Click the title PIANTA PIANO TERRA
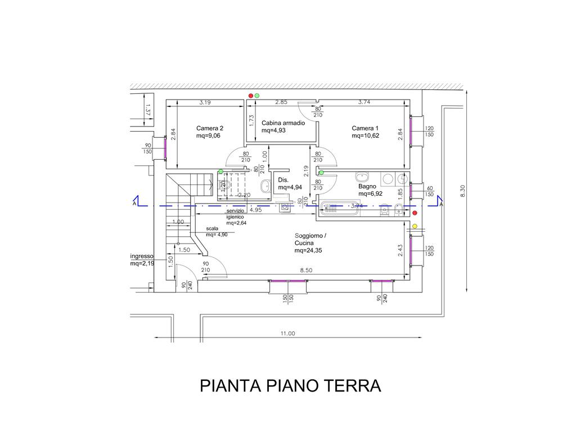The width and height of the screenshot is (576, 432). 290,386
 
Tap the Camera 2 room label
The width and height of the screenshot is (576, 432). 210,128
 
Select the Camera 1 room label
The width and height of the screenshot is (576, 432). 365,128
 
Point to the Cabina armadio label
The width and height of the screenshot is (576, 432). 283,123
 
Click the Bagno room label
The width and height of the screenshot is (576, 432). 367,186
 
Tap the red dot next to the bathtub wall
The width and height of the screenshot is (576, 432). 415,213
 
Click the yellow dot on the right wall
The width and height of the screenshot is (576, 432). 415,226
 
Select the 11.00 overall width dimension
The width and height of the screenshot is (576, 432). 287,334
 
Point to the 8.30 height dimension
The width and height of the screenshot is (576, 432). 463,191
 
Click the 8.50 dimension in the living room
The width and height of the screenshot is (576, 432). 306,271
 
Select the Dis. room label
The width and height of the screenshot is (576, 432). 283,180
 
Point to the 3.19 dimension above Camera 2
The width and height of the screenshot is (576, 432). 205,103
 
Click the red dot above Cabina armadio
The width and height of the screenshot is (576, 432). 251,96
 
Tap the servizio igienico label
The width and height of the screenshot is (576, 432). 236,214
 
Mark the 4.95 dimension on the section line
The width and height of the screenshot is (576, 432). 255,210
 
